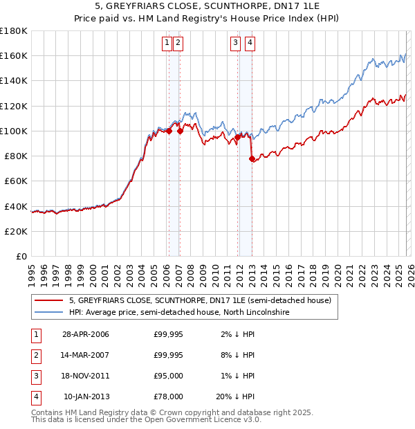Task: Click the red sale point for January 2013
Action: pos(252,159)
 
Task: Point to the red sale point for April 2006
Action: pos(169,131)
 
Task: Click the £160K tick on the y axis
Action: pos(14,55)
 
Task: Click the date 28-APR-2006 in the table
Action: pos(86,335)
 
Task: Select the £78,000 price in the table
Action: pos(168,397)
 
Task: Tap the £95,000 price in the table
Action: pos(168,376)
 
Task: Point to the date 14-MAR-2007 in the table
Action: pos(86,356)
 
